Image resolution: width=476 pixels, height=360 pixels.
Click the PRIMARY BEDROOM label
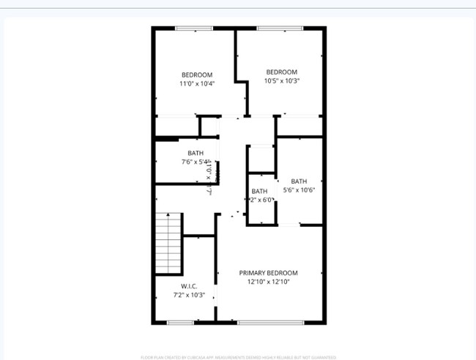pyautogui.click(x=269, y=273)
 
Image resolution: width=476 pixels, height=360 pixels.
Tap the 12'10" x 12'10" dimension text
pyautogui.click(x=269, y=282)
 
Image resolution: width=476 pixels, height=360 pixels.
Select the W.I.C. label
pyautogui.click(x=189, y=286)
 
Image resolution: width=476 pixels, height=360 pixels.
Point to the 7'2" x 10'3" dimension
pyautogui.click(x=189, y=296)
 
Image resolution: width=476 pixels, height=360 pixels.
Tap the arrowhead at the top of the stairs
pyautogui.click(x=168, y=214)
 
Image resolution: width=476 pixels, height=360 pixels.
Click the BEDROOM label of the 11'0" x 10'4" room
pyautogui.click(x=197, y=75)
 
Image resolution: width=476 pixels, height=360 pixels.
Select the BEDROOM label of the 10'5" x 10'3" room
pyautogui.click(x=281, y=72)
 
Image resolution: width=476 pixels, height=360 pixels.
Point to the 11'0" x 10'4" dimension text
pyautogui.click(x=197, y=83)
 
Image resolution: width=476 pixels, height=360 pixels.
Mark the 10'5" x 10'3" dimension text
pyautogui.click(x=281, y=80)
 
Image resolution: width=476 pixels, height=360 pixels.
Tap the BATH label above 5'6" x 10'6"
pyautogui.click(x=299, y=181)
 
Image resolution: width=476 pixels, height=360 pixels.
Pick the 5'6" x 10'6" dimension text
pyautogui.click(x=299, y=190)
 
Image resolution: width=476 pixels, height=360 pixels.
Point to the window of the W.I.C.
pyautogui.click(x=180, y=322)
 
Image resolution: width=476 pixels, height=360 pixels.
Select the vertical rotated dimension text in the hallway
pyautogui.click(x=208, y=176)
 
